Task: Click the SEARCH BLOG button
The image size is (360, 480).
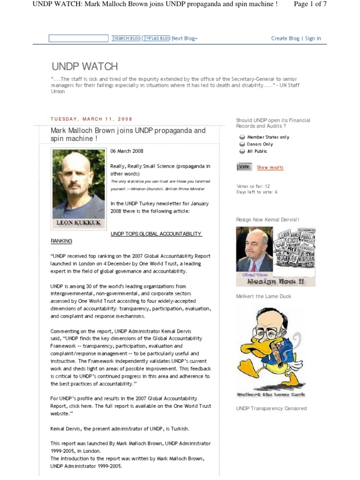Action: point(127,38)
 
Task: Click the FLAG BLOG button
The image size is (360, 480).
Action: point(157,38)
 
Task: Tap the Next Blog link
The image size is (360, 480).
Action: point(184,38)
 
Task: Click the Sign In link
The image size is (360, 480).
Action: point(313,38)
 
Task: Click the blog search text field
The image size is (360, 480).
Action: point(78,38)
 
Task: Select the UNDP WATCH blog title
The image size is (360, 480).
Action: point(84,66)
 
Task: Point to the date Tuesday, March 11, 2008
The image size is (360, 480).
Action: point(91,119)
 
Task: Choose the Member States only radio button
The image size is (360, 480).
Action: point(242,137)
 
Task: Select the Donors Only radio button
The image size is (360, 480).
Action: point(242,144)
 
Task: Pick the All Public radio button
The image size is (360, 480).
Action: point(242,151)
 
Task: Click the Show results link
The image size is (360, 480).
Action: point(270,167)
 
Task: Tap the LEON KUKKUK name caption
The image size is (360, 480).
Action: point(78,223)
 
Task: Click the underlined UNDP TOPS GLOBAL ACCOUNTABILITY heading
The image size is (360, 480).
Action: point(156,233)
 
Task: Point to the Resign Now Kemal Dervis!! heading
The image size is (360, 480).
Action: point(268,219)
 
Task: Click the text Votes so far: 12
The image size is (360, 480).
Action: point(253,186)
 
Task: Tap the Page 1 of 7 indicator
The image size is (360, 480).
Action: point(310,4)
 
